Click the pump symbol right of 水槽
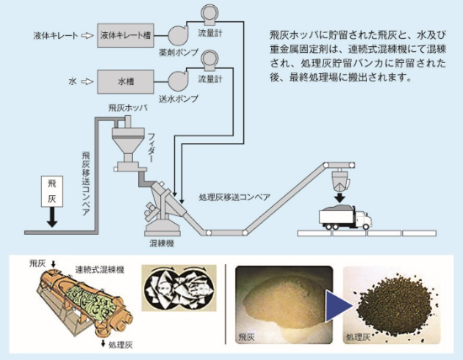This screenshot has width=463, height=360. click(x=178, y=82)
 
